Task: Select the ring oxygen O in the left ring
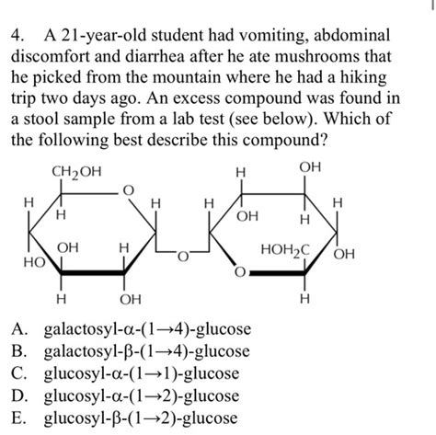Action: pyautogui.click(x=129, y=189)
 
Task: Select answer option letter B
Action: pyautogui.click(x=17, y=353)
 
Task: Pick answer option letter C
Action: pyautogui.click(x=17, y=374)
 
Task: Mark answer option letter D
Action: pyautogui.click(x=17, y=396)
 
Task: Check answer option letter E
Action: pyautogui.click(x=17, y=418)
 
